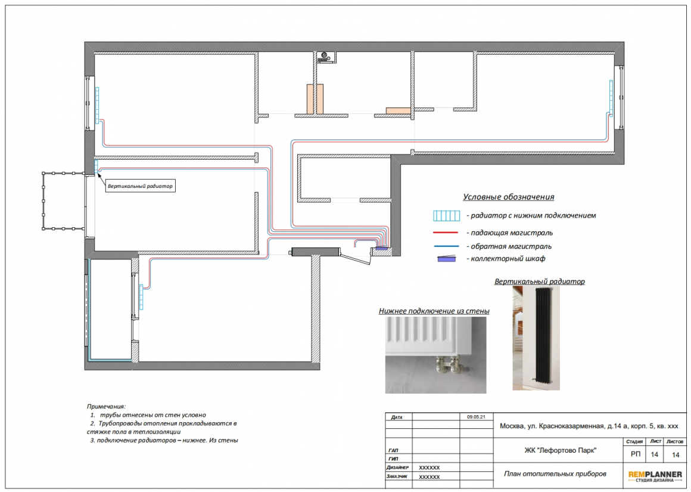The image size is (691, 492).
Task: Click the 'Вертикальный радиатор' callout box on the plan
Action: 140,186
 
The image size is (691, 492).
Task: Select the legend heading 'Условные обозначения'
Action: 508,197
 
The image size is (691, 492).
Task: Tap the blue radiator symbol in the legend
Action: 446,216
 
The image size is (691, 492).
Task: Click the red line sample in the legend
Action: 446,233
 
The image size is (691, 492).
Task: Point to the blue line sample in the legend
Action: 446,246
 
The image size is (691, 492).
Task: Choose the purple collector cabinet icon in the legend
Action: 446,259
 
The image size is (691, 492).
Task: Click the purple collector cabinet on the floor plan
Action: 382,248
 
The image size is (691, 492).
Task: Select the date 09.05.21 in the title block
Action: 476,416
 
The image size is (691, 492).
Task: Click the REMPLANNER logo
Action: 655,476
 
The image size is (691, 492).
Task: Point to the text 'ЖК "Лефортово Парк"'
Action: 560,450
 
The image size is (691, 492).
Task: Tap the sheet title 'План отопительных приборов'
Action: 555,474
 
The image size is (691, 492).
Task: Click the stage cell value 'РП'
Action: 635,454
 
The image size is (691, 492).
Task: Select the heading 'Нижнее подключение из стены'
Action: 434,311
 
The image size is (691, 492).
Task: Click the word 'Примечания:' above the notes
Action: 106,406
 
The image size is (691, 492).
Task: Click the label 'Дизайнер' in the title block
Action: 397,468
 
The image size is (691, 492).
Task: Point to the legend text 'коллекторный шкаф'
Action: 508,259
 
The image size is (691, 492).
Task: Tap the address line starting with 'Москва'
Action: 589,426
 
